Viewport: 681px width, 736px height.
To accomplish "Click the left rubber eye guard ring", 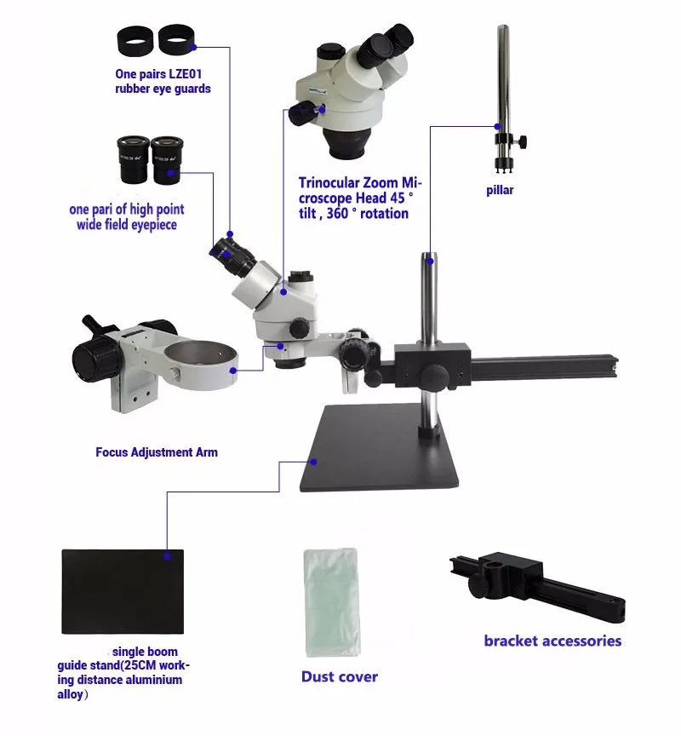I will (x=135, y=40).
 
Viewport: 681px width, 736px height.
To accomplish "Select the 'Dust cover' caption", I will (x=339, y=676).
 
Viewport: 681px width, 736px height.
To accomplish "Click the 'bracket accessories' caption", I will (x=552, y=641).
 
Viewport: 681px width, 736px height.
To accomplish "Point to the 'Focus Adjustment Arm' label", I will (x=156, y=452).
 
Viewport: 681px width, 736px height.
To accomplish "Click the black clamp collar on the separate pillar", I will (x=503, y=140).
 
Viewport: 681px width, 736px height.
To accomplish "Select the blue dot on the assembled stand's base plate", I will (x=313, y=462).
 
